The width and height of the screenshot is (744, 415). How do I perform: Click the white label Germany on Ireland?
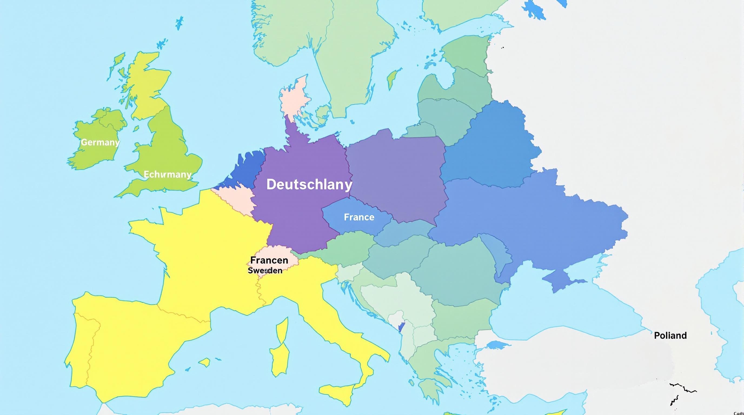(100, 142)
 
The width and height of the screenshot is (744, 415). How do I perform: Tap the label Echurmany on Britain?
(168, 174)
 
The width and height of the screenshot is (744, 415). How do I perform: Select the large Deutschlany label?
(309, 185)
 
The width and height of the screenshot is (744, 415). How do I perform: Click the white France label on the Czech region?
(359, 217)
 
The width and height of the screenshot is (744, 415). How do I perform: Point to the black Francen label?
(269, 260)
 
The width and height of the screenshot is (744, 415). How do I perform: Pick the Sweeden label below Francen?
(265, 270)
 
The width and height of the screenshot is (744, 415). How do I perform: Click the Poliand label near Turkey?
(670, 335)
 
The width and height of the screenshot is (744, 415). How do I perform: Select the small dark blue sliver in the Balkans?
(401, 327)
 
